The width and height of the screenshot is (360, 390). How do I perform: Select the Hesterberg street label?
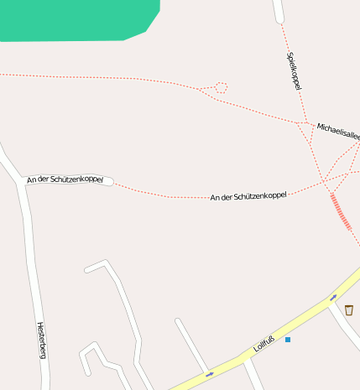click(x=40, y=340)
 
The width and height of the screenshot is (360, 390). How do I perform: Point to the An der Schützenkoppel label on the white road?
click(x=65, y=179)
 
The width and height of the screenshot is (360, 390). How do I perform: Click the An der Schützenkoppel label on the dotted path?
click(x=248, y=195)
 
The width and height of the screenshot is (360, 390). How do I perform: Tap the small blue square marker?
click(x=288, y=340)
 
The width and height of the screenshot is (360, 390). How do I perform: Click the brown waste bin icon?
click(x=348, y=309)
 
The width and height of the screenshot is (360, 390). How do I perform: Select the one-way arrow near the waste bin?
click(x=333, y=297)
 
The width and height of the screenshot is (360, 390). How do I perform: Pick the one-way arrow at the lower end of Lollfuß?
click(x=209, y=373)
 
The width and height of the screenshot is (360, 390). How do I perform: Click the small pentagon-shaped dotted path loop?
click(x=222, y=86)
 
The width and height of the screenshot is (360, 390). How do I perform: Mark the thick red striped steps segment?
click(x=341, y=211)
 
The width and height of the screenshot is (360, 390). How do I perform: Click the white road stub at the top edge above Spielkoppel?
click(x=278, y=10)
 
